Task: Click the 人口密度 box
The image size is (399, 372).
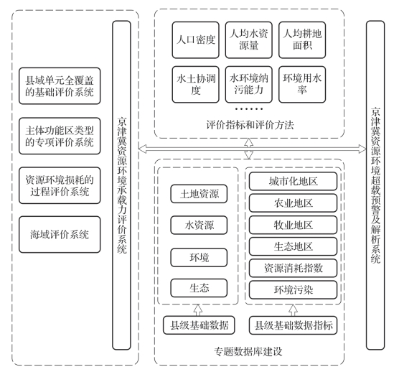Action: [195, 40]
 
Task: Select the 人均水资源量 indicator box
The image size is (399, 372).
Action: [248, 40]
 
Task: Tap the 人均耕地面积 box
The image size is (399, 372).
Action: [302, 40]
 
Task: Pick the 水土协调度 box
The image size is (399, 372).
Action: [195, 85]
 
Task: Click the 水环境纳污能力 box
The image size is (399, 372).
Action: [248, 85]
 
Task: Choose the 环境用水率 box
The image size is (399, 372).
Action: [302, 85]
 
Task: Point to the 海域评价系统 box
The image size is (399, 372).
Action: [60, 235]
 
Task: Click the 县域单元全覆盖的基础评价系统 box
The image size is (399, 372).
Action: [60, 85]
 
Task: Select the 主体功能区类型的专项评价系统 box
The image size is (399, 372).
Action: [60, 136]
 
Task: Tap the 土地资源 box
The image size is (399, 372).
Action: [199, 194]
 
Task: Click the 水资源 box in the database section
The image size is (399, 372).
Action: [199, 225]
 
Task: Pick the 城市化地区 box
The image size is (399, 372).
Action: [293, 181]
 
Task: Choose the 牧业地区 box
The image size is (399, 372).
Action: [293, 225]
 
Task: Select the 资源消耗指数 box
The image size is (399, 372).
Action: [293, 268]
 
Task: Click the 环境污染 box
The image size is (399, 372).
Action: [293, 289]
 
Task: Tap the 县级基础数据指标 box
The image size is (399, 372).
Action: [293, 325]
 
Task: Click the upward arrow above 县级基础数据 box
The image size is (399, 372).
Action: [198, 310]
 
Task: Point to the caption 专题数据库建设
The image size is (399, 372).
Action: [248, 351]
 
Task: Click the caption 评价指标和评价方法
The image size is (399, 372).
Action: [250, 125]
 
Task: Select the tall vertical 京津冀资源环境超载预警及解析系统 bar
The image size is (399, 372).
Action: [375, 185]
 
